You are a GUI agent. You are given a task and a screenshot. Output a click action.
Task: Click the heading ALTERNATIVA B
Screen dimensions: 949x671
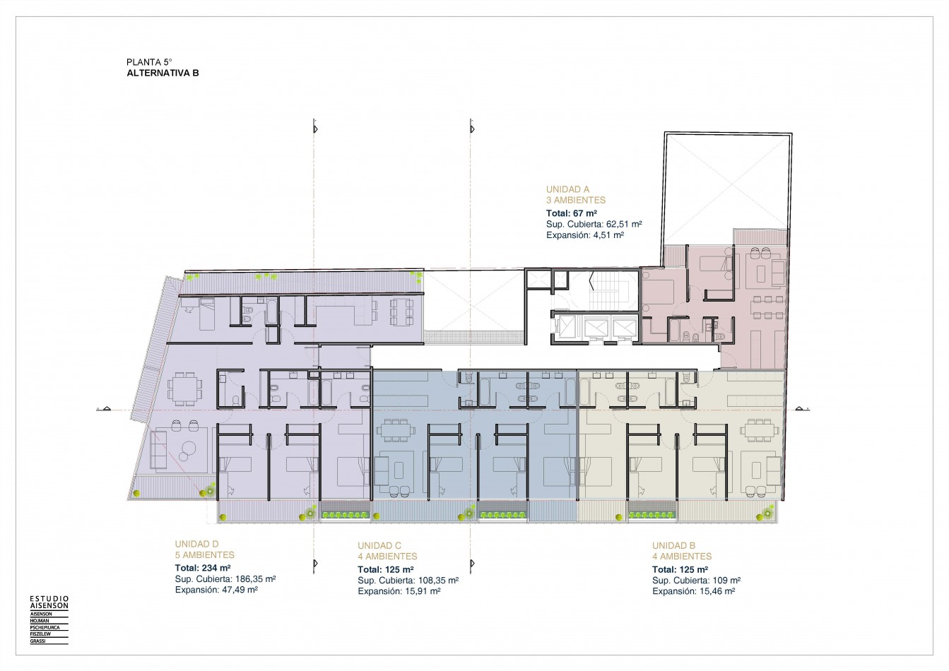coord(163,73)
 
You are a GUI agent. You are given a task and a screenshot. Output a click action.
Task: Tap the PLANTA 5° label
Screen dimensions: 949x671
coord(149,62)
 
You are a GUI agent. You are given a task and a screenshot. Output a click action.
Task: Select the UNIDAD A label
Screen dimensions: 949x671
coord(567,189)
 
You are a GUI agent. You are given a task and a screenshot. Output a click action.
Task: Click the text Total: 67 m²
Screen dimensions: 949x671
coord(571,213)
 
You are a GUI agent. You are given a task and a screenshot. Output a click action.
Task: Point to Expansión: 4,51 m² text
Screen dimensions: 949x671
coord(584,235)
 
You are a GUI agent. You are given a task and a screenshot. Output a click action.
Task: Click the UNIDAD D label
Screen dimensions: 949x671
coord(196,544)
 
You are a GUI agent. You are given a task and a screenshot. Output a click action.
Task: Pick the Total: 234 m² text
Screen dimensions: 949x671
coord(203,568)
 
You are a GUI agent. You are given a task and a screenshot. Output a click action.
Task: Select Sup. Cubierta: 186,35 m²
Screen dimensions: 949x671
coord(225,578)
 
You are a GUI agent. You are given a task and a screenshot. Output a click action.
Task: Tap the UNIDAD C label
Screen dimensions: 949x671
coord(379,546)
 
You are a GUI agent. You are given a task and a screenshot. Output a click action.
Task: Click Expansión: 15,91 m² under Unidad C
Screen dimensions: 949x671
coord(399,591)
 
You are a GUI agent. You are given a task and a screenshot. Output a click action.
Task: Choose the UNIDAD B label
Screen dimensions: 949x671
coord(673,546)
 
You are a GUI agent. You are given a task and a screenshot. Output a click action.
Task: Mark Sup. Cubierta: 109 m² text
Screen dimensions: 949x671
coord(696,581)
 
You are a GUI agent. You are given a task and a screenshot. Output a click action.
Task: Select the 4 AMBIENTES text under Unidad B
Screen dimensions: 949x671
coord(682,557)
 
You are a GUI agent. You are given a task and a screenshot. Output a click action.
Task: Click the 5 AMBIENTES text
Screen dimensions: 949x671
coord(205,554)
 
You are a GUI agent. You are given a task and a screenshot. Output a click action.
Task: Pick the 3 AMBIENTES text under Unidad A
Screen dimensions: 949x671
coord(576,201)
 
